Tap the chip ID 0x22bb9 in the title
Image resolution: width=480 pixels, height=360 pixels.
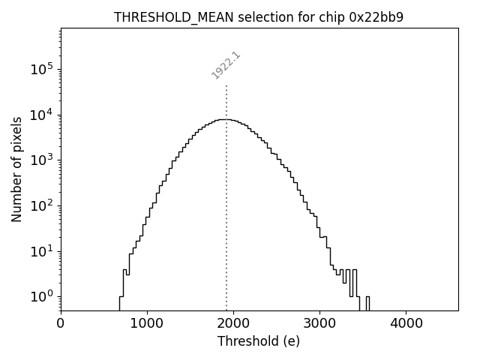pyautogui.click(x=377, y=17)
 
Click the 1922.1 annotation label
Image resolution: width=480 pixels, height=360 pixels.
pyautogui.click(x=226, y=65)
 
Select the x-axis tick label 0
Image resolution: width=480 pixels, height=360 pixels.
pyautogui.click(x=61, y=323)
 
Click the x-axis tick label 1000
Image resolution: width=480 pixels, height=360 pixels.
pyautogui.click(x=147, y=323)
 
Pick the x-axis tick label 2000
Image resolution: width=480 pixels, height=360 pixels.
pyautogui.click(x=233, y=323)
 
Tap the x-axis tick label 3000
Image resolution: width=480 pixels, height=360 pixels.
pyautogui.click(x=319, y=323)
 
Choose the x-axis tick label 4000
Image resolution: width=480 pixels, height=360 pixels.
pyautogui.click(x=406, y=323)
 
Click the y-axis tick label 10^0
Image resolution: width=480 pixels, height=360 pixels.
pyautogui.click(x=41, y=296)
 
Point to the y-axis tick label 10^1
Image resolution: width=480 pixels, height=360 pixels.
pyautogui.click(x=41, y=251)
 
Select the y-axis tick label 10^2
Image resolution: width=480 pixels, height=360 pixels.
pyautogui.click(x=41, y=205)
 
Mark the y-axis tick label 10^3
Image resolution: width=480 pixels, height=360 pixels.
pyautogui.click(x=41, y=160)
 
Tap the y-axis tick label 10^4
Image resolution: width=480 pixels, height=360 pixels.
pyautogui.click(x=41, y=115)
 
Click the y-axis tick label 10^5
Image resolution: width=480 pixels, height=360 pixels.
pyautogui.click(x=41, y=70)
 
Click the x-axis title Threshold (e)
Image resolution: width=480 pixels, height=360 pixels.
pyautogui.click(x=259, y=341)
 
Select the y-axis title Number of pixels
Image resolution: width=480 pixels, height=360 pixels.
pyautogui.click(x=16, y=169)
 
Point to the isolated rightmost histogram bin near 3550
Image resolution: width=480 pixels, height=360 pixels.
pyautogui.click(x=367, y=302)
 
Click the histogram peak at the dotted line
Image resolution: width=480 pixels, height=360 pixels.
pyautogui.click(x=226, y=120)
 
